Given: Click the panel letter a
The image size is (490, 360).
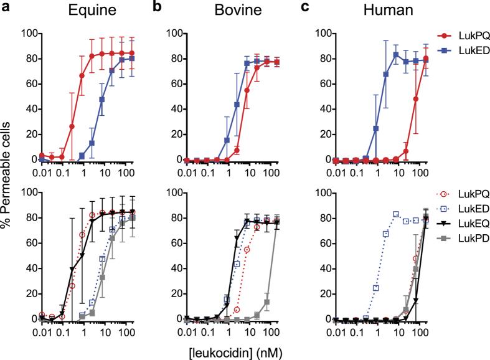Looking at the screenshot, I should (6, 9).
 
